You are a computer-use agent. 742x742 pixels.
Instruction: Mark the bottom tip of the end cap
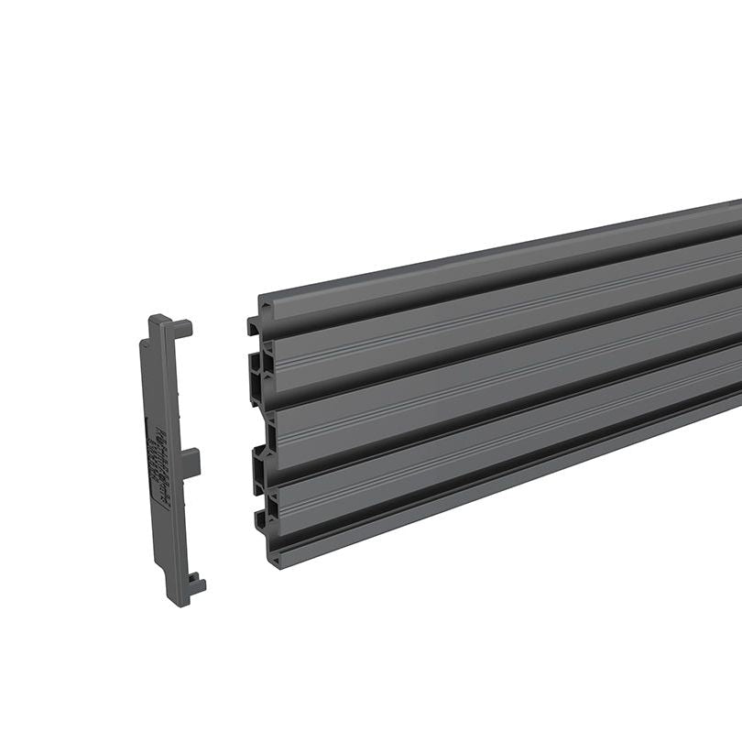point(178,602)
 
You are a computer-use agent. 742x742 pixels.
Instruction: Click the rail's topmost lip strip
point(495,261)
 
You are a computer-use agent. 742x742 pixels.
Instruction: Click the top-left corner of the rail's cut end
point(259,300)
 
